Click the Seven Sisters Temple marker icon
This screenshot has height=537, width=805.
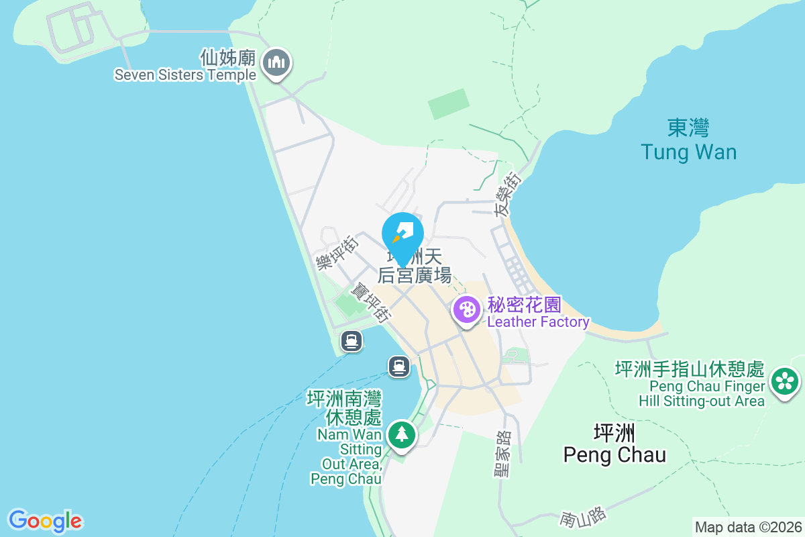coord(276,64)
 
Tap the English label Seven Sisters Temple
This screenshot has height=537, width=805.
coord(185,75)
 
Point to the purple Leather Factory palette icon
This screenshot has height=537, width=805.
coord(466,311)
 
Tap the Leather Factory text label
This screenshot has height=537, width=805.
coord(538,322)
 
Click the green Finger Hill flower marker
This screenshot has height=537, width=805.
coord(784,381)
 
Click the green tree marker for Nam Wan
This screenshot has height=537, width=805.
coord(401,434)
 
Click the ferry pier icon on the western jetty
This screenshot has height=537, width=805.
coord(352,341)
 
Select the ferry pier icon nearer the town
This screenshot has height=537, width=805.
coord(399,366)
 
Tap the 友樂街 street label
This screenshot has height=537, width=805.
coord(507,193)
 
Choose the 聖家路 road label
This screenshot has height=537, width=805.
coord(502,454)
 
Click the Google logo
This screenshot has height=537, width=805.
coord(45,520)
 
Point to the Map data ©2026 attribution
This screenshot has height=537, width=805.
coord(748,527)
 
